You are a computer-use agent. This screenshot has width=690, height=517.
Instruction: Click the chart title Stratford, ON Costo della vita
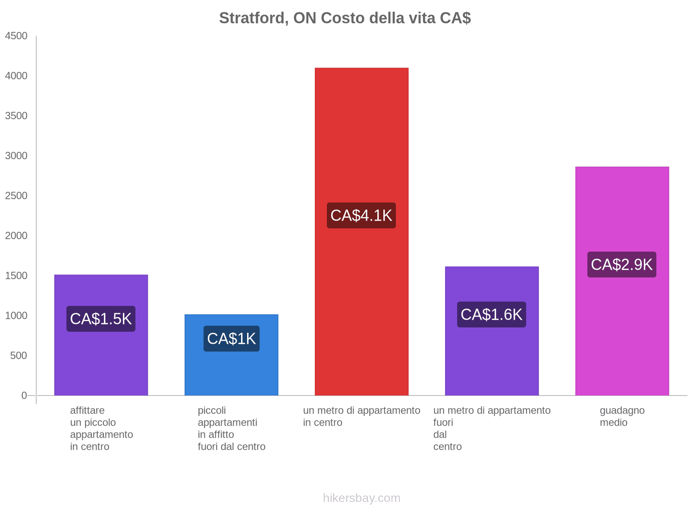pos(345,18)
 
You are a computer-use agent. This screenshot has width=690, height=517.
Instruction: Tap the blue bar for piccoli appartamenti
pos(231,371)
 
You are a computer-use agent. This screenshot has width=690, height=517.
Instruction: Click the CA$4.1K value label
pos(361,215)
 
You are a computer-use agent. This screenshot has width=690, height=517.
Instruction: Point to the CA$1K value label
pos(231,339)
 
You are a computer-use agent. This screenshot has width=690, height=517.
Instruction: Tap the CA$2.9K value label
pos(621,265)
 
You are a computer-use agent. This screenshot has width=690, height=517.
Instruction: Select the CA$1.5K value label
pos(101,319)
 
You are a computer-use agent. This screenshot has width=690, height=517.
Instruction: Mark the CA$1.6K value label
pos(492,315)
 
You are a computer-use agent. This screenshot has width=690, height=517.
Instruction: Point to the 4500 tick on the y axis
pos(16,36)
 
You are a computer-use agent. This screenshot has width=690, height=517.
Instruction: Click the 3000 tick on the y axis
pos(16,156)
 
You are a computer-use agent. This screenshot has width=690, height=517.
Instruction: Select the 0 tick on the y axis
pos(24,396)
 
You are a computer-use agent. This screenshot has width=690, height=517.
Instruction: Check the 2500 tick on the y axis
pos(16,196)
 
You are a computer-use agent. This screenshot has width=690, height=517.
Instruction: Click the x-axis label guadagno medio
pos(622,416)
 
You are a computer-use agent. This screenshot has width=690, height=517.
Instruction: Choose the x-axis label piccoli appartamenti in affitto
pos(231,428)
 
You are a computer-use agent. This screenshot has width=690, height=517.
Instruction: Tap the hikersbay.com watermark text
pos(361,498)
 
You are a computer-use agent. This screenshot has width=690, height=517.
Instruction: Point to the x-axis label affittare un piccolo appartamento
pos(101,428)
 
